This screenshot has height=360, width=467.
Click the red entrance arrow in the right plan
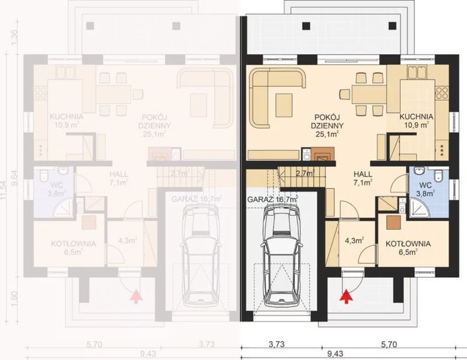tap(345, 295)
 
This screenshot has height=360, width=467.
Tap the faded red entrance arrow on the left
tap(135, 295)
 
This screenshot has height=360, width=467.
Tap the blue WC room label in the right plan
tap(427, 189)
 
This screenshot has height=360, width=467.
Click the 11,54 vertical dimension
tap(7, 180)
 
